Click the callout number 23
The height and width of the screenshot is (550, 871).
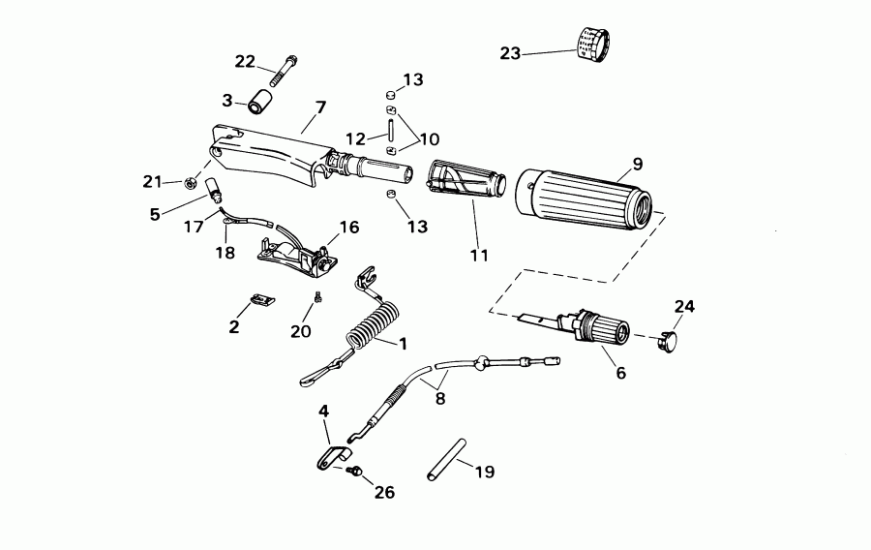pyautogui.click(x=510, y=52)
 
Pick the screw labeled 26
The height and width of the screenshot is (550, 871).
pyautogui.click(x=355, y=472)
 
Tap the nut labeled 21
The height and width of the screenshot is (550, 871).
pyautogui.click(x=192, y=181)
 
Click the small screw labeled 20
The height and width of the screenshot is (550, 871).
pyautogui.click(x=316, y=295)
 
